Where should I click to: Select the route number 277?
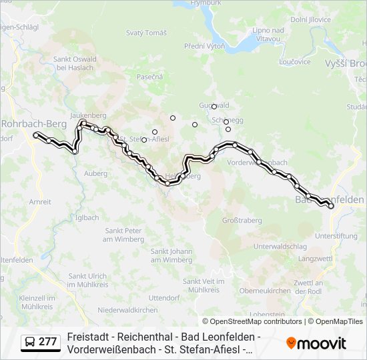tap(47, 342)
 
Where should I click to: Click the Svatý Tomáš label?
tap(145, 33)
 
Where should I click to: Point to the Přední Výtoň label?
tap(206, 46)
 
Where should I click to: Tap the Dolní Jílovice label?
tap(310, 19)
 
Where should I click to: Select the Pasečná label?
tap(149, 77)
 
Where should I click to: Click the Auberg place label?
tap(95, 173)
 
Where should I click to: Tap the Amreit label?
tap(40, 201)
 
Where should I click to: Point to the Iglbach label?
tap(87, 217)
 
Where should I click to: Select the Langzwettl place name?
tap(315, 258)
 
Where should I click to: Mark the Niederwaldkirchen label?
tap(127, 310)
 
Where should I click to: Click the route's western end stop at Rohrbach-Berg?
tap(36, 135)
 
